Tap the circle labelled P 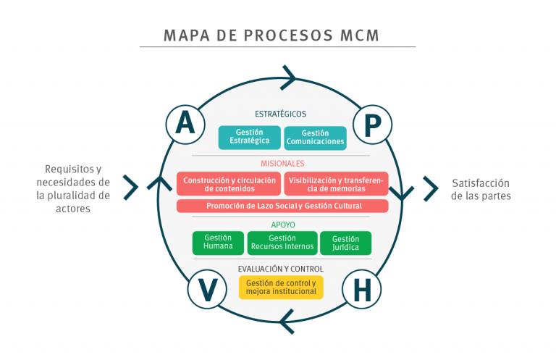(x=372, y=125)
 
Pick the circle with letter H (x=361, y=290)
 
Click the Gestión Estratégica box (x=249, y=137)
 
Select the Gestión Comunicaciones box (x=315, y=137)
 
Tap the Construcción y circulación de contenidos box (x=229, y=184)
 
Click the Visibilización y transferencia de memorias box (x=336, y=184)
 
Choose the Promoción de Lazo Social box (x=282, y=206)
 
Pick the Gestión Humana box (x=218, y=243)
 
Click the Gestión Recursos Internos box (x=282, y=243)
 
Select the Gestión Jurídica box (x=345, y=243)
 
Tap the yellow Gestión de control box (x=281, y=288)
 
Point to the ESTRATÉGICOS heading (x=280, y=114)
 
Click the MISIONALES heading (x=282, y=163)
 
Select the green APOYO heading (x=282, y=225)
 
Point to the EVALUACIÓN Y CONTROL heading (x=281, y=269)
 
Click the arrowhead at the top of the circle (x=289, y=77)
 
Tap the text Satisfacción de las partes (x=481, y=190)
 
